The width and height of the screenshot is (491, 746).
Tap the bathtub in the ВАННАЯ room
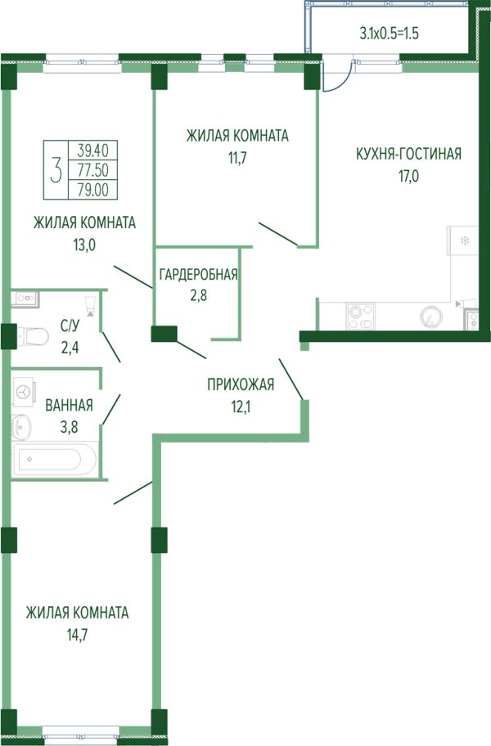(55, 459)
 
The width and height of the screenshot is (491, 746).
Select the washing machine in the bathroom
(23, 392)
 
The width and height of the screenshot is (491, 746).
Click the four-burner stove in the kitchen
(362, 317)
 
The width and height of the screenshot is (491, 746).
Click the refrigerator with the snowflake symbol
(462, 240)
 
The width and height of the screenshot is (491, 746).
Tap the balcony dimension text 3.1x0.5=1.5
(389, 34)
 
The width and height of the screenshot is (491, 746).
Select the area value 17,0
(408, 176)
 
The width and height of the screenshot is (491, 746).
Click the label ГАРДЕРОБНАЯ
(198, 275)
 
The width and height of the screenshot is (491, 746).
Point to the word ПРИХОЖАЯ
(241, 384)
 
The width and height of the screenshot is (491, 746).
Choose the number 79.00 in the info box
(93, 190)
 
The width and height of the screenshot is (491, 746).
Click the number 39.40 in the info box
(93, 151)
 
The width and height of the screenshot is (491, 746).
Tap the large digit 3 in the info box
(56, 171)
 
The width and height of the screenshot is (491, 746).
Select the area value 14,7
(78, 635)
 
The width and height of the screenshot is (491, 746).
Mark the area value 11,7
(237, 158)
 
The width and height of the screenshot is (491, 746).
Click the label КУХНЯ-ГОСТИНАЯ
(408, 154)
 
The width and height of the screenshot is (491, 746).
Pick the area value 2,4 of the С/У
(70, 348)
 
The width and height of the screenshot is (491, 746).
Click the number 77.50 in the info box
(93, 170)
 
